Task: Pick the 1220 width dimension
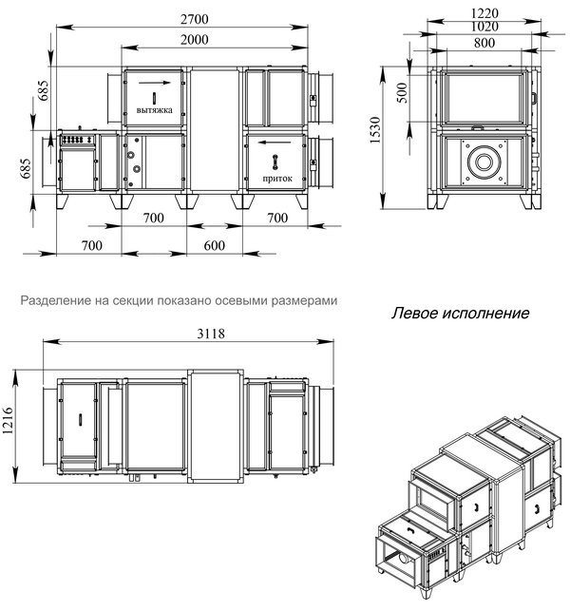coord(484,12)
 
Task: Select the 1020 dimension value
coord(484,28)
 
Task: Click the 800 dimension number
coord(484,43)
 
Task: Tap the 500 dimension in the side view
coord(402,93)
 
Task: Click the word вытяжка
coord(154,108)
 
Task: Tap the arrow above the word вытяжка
coord(155,86)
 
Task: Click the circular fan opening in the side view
coord(484,162)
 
